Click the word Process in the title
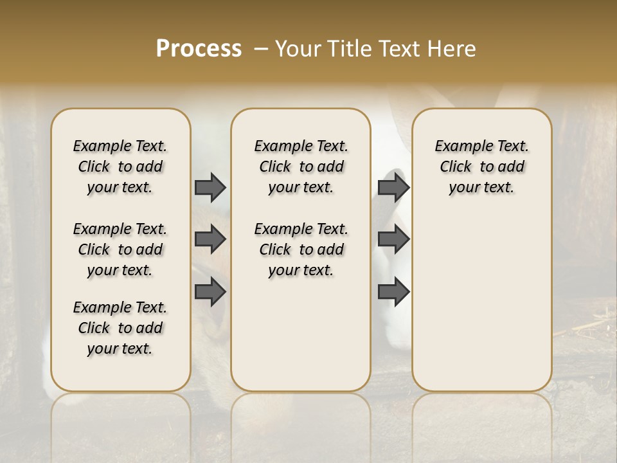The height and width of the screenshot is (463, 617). click(x=199, y=49)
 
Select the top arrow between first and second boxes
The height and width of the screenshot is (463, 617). click(x=210, y=187)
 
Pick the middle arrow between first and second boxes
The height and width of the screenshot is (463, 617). click(x=210, y=239)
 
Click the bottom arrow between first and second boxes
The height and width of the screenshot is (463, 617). click(x=210, y=291)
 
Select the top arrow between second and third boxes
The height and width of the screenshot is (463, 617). click(x=393, y=187)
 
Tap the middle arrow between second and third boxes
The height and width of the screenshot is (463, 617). click(x=393, y=239)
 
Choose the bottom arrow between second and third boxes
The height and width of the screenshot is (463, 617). click(x=393, y=291)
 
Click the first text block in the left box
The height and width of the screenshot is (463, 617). click(x=120, y=167)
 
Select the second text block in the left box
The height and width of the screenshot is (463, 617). click(x=120, y=250)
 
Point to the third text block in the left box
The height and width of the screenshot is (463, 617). click(x=120, y=328)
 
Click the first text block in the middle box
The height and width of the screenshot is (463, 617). click(x=301, y=167)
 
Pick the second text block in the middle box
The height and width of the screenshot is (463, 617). click(x=301, y=250)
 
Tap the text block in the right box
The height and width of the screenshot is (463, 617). click(x=481, y=167)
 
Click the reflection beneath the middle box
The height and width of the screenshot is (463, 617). click(x=301, y=424)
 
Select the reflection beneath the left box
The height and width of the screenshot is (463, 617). click(x=120, y=424)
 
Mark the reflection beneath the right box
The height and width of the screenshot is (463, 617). click(x=481, y=424)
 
